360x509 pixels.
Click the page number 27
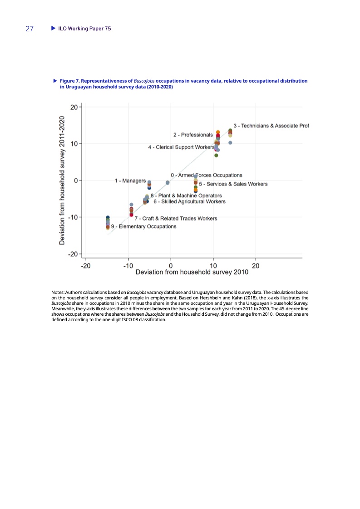[x=30, y=29]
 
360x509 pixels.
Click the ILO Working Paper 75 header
[x=84, y=29]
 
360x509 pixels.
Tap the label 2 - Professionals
[x=193, y=135]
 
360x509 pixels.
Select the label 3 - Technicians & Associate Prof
[x=271, y=125]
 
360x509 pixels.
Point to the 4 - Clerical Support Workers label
[x=181, y=147]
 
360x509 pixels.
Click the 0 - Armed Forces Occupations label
[x=207, y=175]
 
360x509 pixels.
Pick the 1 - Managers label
[x=130, y=181]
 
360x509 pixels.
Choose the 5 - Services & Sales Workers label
[x=233, y=184]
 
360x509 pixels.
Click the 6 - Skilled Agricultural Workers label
[x=189, y=201]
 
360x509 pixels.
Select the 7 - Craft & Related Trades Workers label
[x=176, y=218]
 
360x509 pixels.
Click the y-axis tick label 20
[x=74, y=107]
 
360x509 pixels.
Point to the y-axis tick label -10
[x=73, y=217]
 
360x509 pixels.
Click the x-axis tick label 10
[x=213, y=265]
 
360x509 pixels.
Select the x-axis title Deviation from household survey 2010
[x=192, y=273]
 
